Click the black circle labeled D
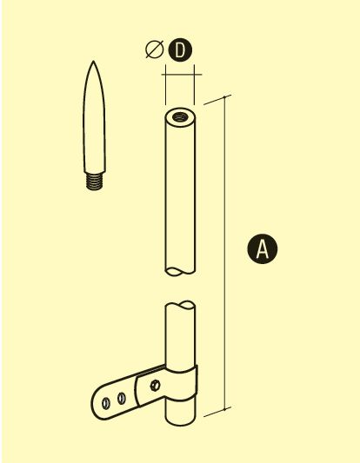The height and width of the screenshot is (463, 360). coord(180,50)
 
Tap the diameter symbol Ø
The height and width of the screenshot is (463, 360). coord(155,49)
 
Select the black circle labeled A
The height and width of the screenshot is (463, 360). coord(262,248)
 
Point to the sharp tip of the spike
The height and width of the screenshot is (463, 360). coord(93,62)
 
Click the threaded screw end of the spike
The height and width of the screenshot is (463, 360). coord(94,181)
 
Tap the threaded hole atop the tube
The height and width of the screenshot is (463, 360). coord(180,117)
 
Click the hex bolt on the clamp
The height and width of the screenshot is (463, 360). coord(155,386)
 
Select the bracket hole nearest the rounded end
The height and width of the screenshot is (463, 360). coord(106,403)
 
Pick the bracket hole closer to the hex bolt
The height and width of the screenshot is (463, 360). coord(122,399)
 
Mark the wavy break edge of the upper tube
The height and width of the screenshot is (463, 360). coord(180,272)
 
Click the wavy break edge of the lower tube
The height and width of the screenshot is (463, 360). coord(180,305)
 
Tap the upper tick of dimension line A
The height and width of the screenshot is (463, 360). coord(226,97)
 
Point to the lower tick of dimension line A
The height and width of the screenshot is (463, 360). coord(225,409)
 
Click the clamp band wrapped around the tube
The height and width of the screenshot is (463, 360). coord(181,384)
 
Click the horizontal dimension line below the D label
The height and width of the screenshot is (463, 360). coord(182,75)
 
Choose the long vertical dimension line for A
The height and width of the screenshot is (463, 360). coord(225,253)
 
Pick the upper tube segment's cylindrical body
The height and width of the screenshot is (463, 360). coord(180,192)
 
